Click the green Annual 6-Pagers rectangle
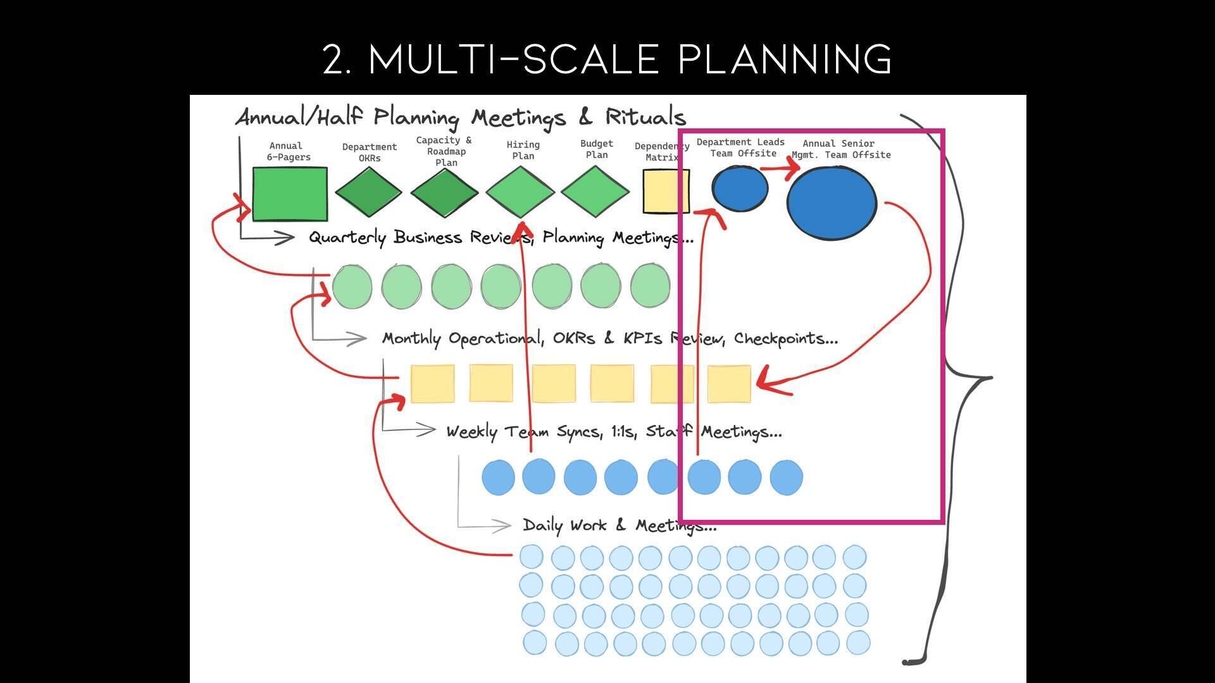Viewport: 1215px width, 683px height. point(290,194)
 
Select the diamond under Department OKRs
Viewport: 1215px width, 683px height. point(368,192)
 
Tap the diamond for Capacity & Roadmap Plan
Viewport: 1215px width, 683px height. point(444,192)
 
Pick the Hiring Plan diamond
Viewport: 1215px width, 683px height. point(520,192)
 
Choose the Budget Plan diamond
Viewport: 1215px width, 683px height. point(595,191)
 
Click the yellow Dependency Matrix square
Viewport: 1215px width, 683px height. point(666,192)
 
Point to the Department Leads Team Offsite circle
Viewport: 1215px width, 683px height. point(740,188)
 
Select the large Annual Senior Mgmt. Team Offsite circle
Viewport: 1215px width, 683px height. point(832,203)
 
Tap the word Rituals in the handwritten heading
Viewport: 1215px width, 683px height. point(645,117)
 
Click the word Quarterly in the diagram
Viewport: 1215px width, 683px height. point(347,238)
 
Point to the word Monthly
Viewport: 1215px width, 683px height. point(411,339)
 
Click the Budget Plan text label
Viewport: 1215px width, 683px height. point(597,149)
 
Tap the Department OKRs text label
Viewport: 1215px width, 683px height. point(370,152)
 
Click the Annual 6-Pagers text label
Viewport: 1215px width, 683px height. point(288,151)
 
